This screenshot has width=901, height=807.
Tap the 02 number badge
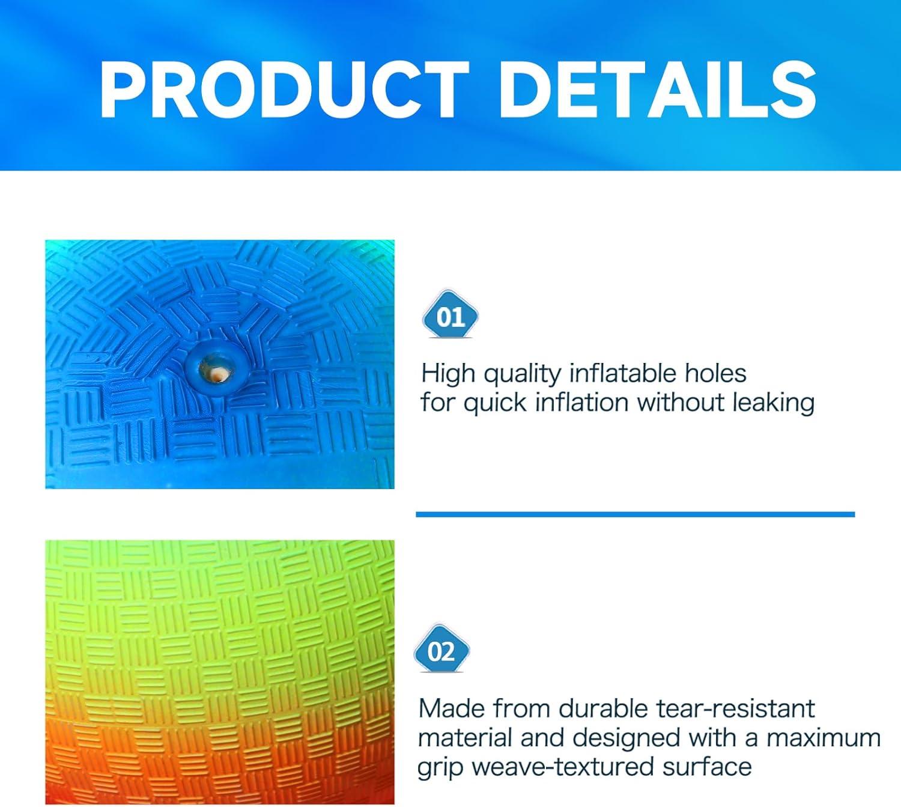click(x=441, y=652)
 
